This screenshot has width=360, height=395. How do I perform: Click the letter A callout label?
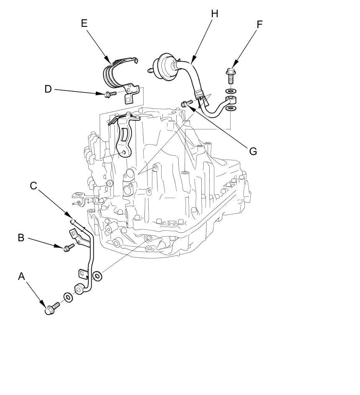(x=22, y=276)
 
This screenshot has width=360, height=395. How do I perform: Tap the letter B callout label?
(x=21, y=238)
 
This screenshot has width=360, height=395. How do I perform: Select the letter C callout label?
(x=33, y=186)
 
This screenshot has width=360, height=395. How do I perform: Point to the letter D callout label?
(x=48, y=89)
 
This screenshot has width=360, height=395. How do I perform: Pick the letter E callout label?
(x=84, y=23)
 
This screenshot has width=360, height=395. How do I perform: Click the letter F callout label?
(x=260, y=24)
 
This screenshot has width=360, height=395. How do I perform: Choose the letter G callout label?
(x=253, y=151)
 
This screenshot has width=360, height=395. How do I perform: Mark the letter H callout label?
(x=214, y=14)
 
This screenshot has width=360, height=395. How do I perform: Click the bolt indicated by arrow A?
(x=52, y=309)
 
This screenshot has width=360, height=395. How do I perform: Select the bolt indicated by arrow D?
(x=110, y=95)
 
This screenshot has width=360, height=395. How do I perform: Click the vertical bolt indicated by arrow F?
(x=231, y=76)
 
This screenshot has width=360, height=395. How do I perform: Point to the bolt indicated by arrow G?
(x=187, y=103)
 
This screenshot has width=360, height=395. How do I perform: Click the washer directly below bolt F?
(x=231, y=90)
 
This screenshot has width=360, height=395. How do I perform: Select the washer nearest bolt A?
(x=68, y=297)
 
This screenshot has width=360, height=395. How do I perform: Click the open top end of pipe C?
(x=72, y=221)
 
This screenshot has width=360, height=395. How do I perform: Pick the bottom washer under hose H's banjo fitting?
(x=231, y=108)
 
